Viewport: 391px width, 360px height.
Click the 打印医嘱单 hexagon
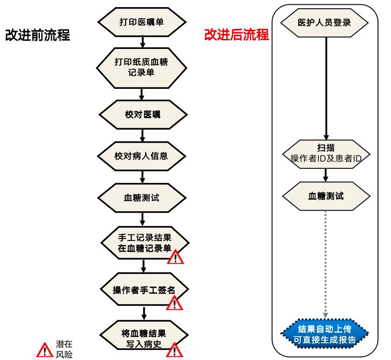[x=142, y=22]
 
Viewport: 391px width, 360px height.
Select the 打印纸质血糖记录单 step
[x=142, y=67]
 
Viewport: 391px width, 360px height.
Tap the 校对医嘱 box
[x=143, y=115]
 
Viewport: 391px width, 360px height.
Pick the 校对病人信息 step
[x=142, y=156]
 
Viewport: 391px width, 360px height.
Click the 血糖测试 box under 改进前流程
[x=142, y=198]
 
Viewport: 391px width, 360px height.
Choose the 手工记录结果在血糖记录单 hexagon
[x=145, y=243]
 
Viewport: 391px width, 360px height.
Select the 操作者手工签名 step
[x=144, y=290]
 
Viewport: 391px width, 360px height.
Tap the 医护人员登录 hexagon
[x=324, y=23]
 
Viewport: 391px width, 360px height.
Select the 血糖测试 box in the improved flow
[x=326, y=196]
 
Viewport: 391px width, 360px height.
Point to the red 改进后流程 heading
[x=236, y=35]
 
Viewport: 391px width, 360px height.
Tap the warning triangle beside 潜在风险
[x=45, y=349]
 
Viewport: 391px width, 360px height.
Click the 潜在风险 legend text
[x=64, y=349]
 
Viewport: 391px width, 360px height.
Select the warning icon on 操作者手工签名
[x=174, y=303]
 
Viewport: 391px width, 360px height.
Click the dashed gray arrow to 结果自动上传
[x=326, y=264]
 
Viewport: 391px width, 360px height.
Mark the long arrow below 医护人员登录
[x=326, y=86]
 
